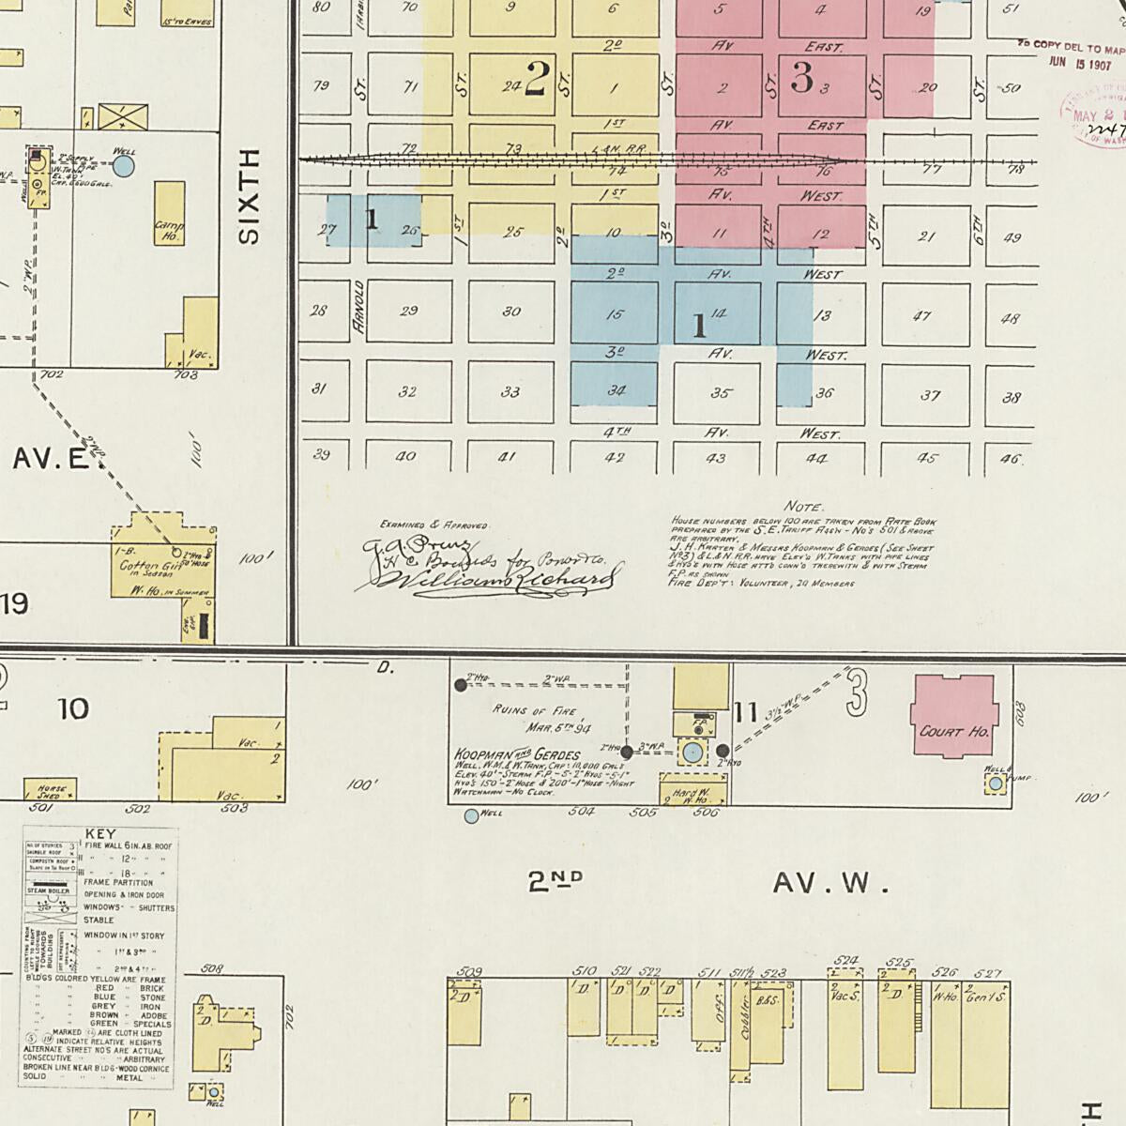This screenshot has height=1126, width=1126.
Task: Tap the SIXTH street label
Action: coord(249,197)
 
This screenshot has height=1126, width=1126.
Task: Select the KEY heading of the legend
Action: coord(100,833)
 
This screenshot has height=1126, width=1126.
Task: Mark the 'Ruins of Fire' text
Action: coord(535,710)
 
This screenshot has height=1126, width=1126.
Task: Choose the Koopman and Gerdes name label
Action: coord(517,754)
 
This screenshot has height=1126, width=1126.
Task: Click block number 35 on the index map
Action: coord(721,393)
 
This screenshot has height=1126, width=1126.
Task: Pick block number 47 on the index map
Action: coord(922,316)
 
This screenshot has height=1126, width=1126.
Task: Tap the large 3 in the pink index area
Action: coord(801,79)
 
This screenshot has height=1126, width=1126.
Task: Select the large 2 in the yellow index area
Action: coord(537,79)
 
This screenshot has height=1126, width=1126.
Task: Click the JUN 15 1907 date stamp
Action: coord(1079,64)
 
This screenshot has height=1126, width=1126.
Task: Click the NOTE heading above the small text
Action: coord(803,507)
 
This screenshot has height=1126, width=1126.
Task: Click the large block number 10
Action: coord(73,708)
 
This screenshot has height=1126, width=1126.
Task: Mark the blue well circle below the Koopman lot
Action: coord(471,816)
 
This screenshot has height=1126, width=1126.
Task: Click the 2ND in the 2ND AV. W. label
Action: coord(555,881)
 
